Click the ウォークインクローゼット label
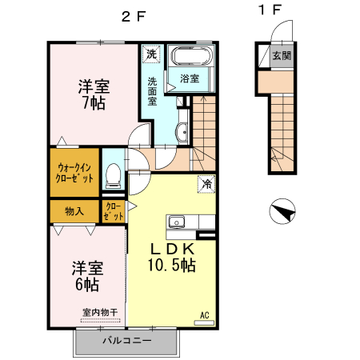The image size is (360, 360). click(75, 172)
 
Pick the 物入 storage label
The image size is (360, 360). click(74, 211)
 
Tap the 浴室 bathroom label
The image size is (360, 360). click(190, 78)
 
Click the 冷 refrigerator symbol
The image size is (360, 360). click(206, 184)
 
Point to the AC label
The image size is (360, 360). click(204, 314)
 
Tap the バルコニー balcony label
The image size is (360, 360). click(126, 342)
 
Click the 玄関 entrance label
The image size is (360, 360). click(280, 56)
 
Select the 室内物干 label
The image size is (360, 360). click(99, 312)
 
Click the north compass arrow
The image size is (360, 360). click(282, 212)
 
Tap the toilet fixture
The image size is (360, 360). click(114, 172)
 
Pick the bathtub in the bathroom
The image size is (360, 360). click(190, 58)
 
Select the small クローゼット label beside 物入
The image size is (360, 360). click(114, 211)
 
